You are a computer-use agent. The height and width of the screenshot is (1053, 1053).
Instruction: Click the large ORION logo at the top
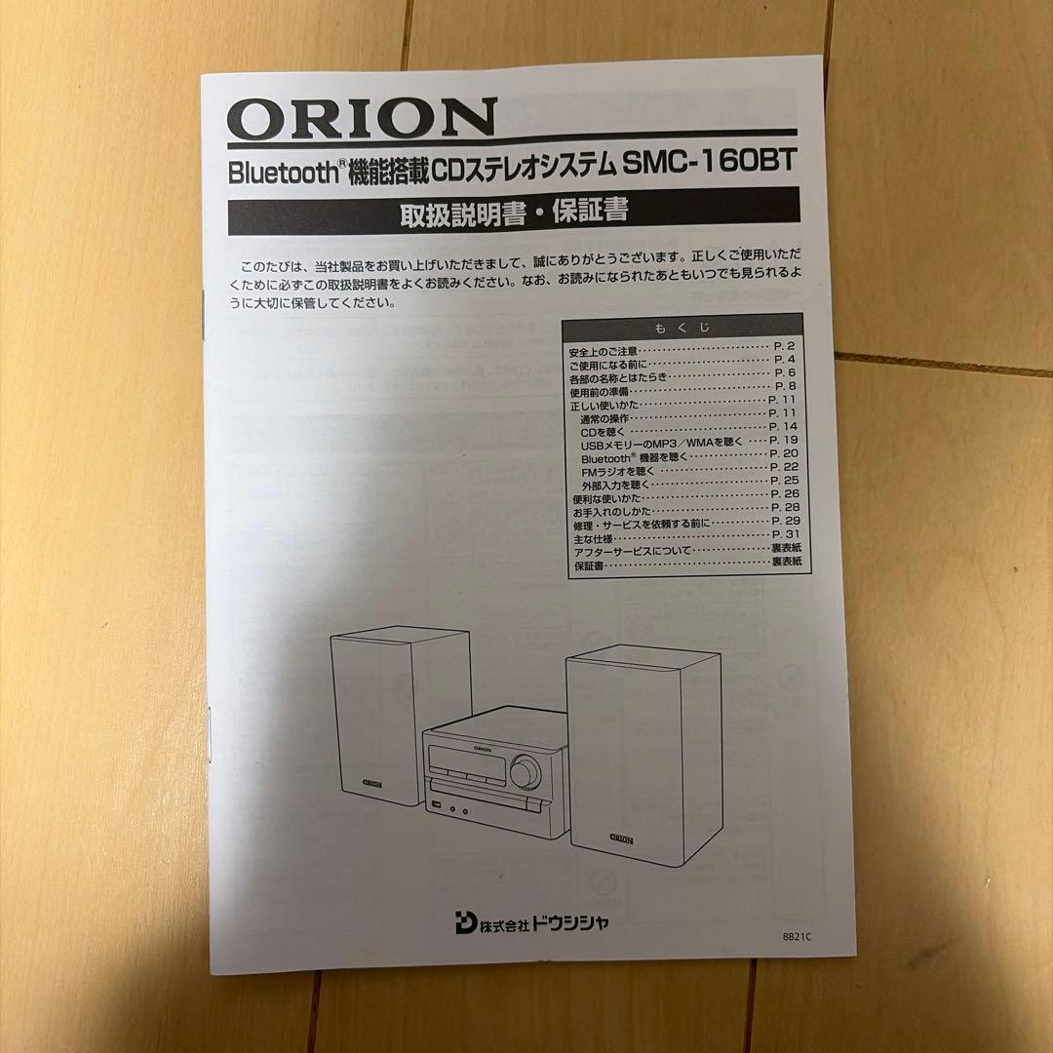coord(362,118)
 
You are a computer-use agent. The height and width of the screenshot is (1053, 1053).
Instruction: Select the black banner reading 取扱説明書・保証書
coord(513,211)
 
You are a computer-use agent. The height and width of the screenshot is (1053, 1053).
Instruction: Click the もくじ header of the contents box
coord(682,328)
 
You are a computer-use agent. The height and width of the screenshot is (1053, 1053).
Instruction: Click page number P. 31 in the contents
coord(784,536)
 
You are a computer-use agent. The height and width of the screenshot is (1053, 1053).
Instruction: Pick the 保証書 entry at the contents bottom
coord(587,565)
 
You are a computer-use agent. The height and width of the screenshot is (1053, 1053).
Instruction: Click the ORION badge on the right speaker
coord(621,838)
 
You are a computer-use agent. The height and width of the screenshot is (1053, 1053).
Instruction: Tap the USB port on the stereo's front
coord(437,805)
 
